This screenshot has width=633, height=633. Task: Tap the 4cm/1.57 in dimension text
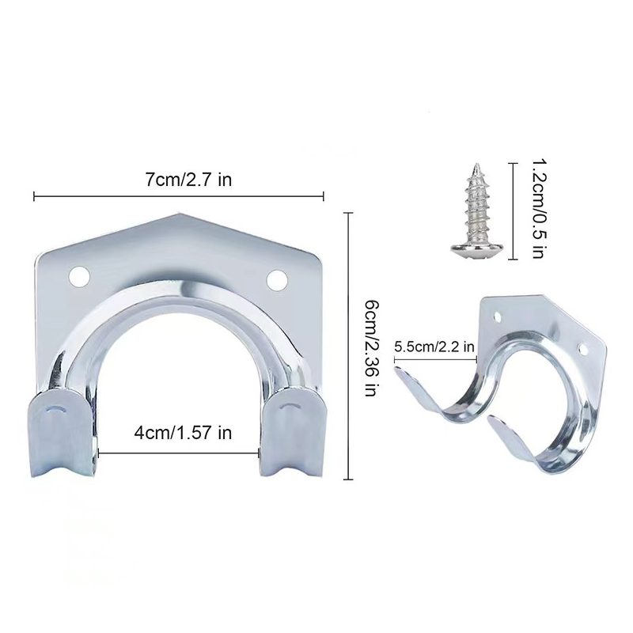coord(182,433)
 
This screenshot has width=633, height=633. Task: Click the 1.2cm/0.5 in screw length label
coord(536,208)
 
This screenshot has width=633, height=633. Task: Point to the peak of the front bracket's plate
coord(183,214)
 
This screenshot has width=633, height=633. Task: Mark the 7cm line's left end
coord(33,194)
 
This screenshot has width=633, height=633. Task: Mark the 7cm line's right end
coord(324,194)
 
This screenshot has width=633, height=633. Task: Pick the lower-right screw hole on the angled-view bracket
coord(583,349)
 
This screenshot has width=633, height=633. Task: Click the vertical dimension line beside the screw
coord(516,210)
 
